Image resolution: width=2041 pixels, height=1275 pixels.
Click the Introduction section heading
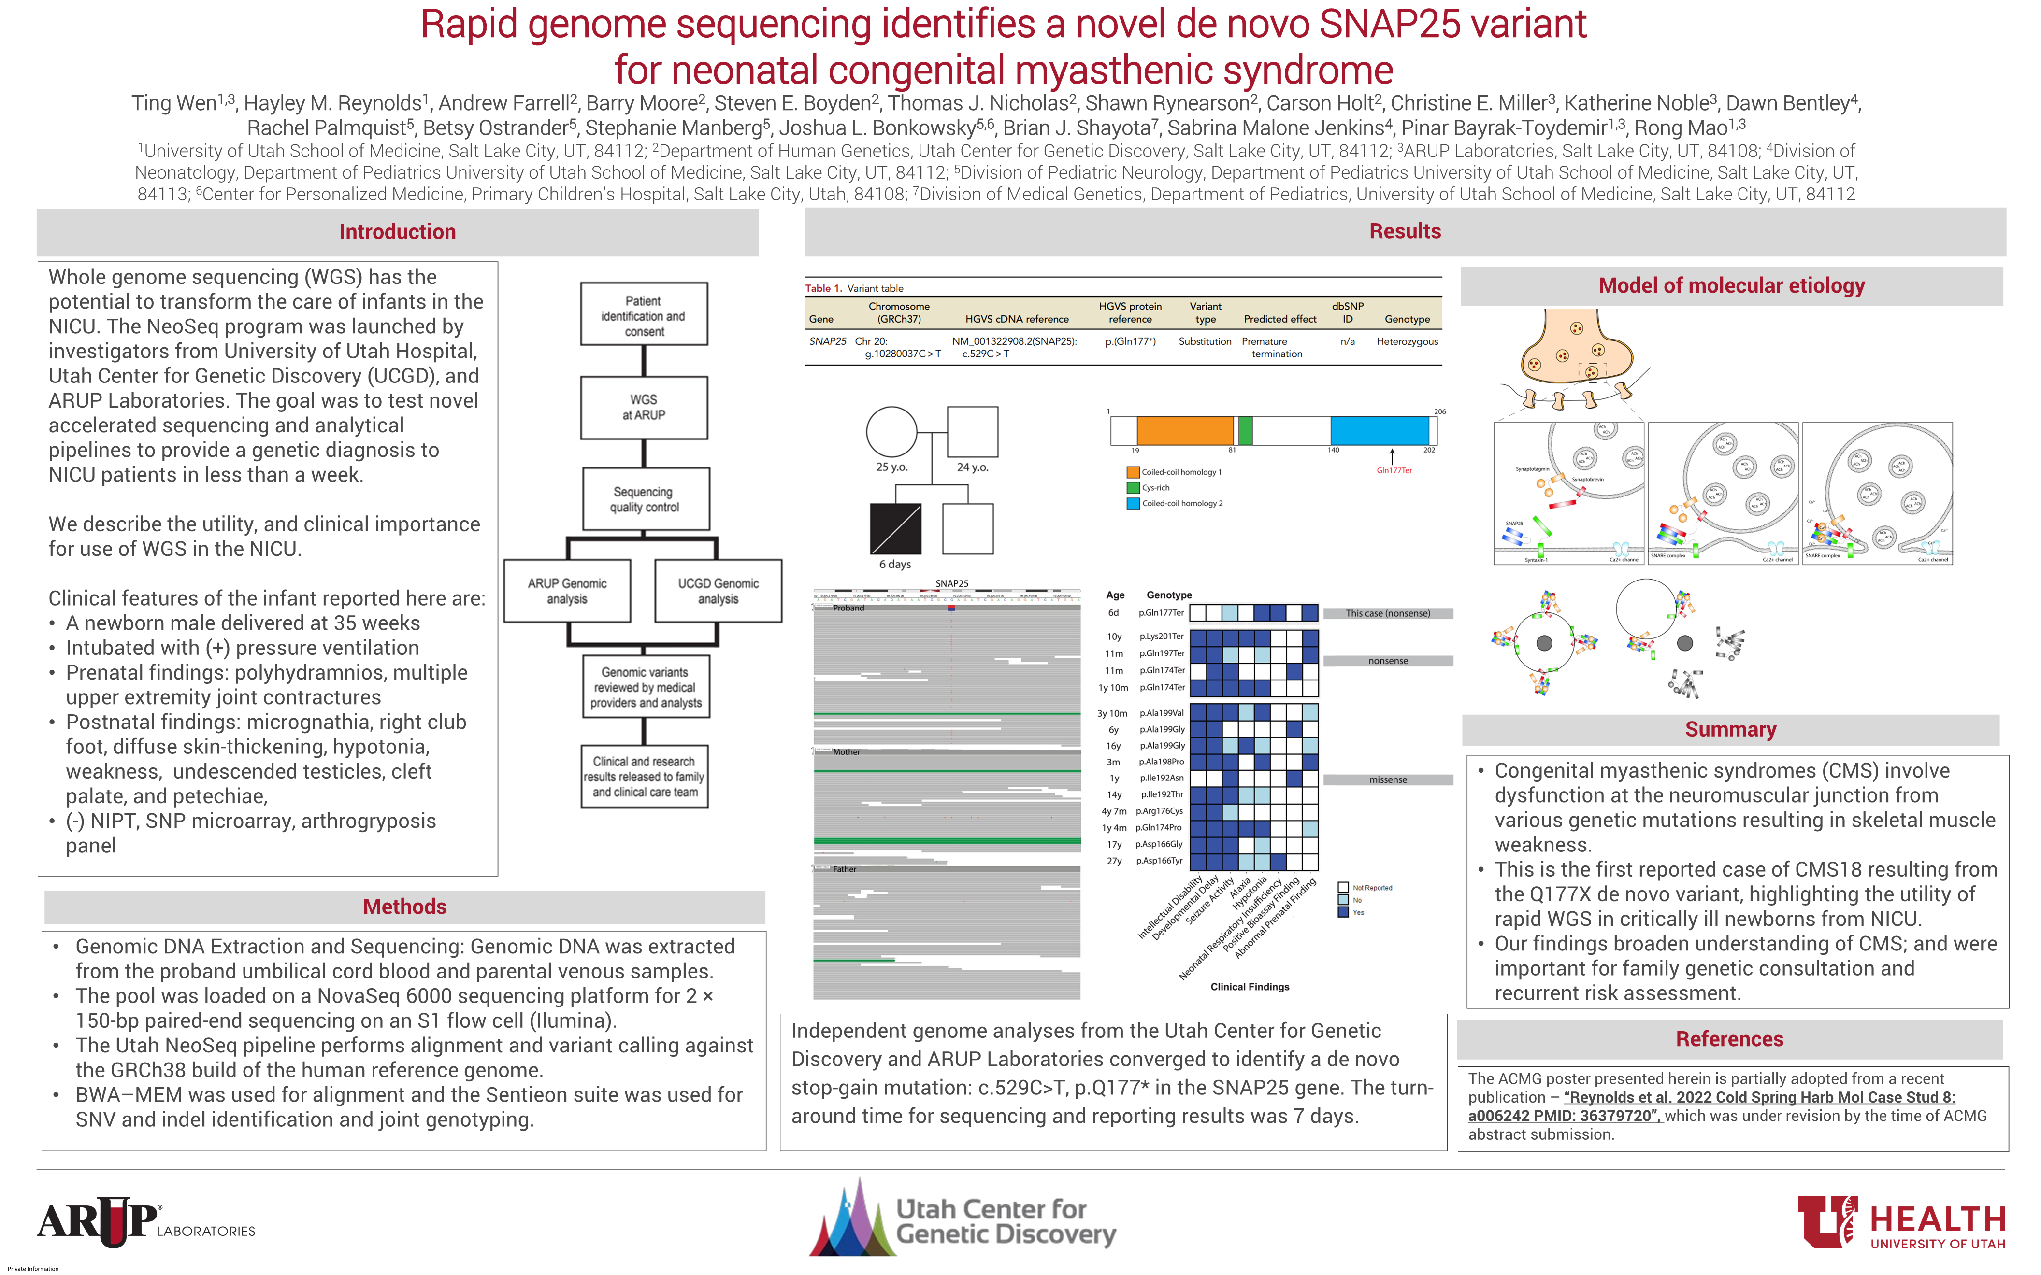(x=397, y=232)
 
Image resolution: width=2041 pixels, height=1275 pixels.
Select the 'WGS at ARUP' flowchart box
(x=644, y=407)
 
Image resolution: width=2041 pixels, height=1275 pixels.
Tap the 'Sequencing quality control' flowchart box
(x=645, y=499)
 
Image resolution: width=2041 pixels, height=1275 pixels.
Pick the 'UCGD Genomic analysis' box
(x=718, y=591)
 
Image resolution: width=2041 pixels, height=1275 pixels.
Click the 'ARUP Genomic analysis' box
(x=567, y=591)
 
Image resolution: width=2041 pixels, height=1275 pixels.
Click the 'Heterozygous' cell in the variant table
(x=1407, y=341)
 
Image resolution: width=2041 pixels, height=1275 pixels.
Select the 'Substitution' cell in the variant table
(x=1205, y=341)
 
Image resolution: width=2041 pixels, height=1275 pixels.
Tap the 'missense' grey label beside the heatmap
(x=1387, y=780)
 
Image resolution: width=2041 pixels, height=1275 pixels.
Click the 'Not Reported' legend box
(x=1343, y=887)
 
